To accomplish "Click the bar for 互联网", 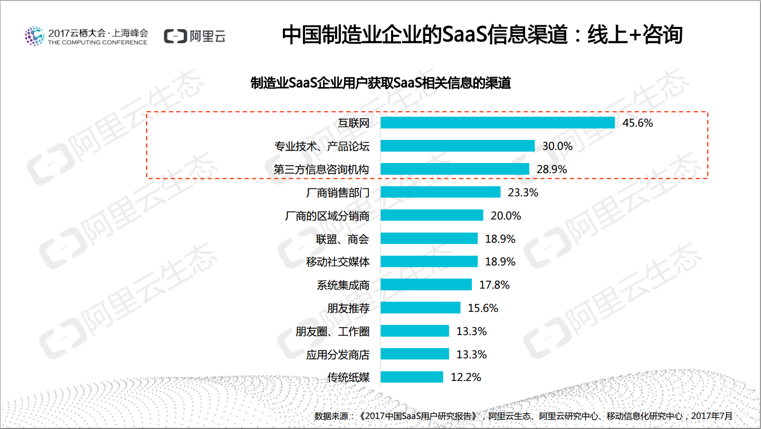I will pyautogui.click(x=497, y=123).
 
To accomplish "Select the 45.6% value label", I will pyautogui.click(x=638, y=123).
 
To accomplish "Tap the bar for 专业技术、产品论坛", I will pyautogui.click(x=457, y=146).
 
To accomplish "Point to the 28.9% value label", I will pyautogui.click(x=551, y=169).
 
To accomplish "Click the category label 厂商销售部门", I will pyautogui.click(x=338, y=193).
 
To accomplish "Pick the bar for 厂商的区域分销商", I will pyautogui.click(x=432, y=215).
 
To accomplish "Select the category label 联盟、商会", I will pyautogui.click(x=343, y=239).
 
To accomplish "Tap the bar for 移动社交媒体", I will pyautogui.click(x=429, y=262).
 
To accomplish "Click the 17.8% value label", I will pyautogui.click(x=494, y=285).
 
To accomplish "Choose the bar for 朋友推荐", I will pyautogui.click(x=420, y=308).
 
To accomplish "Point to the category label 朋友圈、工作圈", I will pyautogui.click(x=332, y=331).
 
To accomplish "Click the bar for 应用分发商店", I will pyautogui.click(x=414, y=354).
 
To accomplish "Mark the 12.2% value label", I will pyautogui.click(x=465, y=377).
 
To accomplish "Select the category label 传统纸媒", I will pyautogui.click(x=348, y=377).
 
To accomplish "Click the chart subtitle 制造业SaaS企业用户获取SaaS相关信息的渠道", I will pyautogui.click(x=380, y=83).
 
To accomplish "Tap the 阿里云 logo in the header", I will pyautogui.click(x=195, y=36).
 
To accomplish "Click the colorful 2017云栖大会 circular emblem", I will pyautogui.click(x=34, y=35).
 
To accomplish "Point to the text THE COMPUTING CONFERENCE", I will pyautogui.click(x=98, y=42).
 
